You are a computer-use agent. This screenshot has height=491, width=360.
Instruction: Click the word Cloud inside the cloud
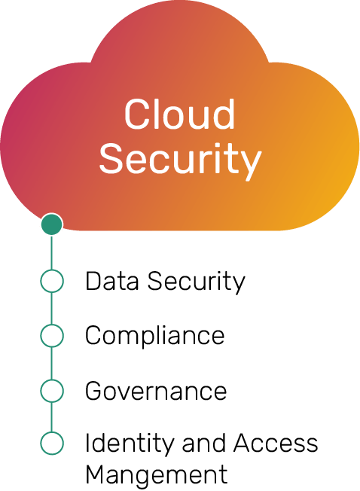(x=179, y=114)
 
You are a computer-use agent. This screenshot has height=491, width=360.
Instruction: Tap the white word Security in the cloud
(x=180, y=159)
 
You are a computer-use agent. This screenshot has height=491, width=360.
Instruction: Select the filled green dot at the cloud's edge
(x=52, y=224)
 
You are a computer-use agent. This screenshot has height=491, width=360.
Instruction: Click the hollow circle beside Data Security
(x=52, y=281)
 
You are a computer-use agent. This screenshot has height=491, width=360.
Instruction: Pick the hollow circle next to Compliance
(x=52, y=335)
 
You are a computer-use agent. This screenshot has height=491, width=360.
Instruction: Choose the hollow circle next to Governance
(x=52, y=391)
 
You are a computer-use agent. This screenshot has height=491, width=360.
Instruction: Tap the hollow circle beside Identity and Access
(x=52, y=443)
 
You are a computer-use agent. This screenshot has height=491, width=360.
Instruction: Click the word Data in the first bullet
(x=111, y=281)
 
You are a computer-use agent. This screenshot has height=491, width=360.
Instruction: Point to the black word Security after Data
(x=197, y=282)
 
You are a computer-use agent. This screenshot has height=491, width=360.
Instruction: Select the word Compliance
(x=155, y=337)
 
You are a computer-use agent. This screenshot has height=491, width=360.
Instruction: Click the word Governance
(x=156, y=391)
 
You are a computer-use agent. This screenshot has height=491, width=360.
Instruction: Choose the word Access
(x=276, y=443)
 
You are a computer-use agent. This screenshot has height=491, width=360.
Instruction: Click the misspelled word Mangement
(x=156, y=476)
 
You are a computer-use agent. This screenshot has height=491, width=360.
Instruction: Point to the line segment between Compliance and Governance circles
(x=52, y=363)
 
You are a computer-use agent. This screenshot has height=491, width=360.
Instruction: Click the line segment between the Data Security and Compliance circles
(x=52, y=308)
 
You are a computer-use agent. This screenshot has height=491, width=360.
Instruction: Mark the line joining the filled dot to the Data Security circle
(x=52, y=252)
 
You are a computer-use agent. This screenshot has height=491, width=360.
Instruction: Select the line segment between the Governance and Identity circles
(x=52, y=416)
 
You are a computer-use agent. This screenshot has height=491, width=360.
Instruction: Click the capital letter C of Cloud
(x=136, y=114)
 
